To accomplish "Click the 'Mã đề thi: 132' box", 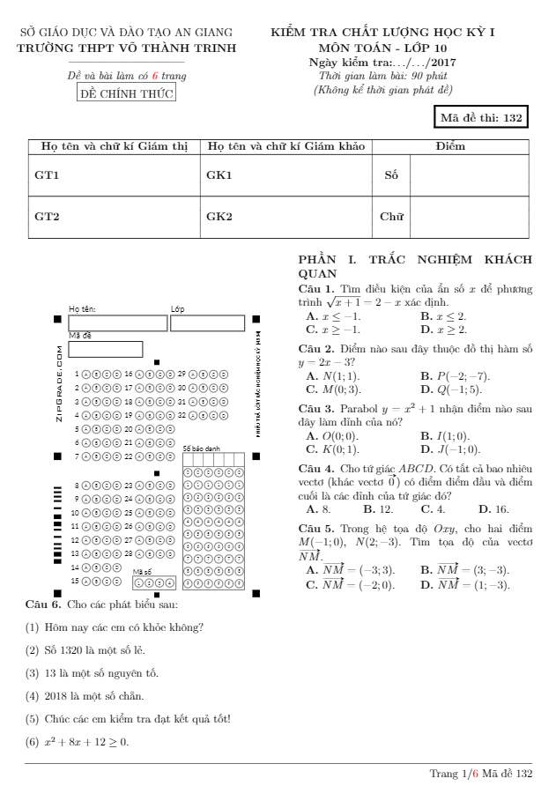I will coord(483,119).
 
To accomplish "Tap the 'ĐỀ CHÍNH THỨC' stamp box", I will coord(126,93).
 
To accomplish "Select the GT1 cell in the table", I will coord(47,174).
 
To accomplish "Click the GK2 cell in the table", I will coord(219,216).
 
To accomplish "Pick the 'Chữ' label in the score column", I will coord(391,216).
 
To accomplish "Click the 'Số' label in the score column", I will coord(391,174).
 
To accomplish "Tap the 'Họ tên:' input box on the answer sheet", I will coord(117,323).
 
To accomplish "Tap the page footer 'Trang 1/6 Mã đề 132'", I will coord(480,773).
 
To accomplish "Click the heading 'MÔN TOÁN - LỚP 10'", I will coord(383,48).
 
